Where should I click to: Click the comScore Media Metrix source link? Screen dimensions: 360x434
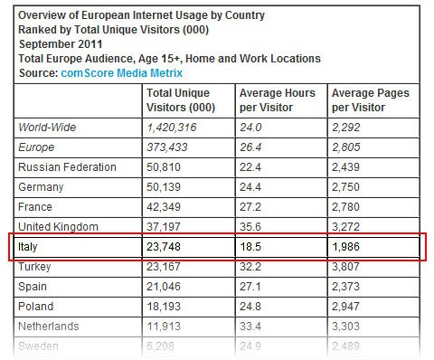(x=123, y=72)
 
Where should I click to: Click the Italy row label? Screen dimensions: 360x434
(x=30, y=246)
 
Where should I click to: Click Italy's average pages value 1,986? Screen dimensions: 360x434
(x=347, y=246)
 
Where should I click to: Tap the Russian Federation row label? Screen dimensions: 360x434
(x=67, y=167)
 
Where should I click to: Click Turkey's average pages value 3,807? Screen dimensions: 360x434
(x=347, y=267)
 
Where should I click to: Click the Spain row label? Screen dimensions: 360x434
(x=33, y=286)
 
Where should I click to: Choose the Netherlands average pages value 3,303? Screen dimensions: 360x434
(x=347, y=326)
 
